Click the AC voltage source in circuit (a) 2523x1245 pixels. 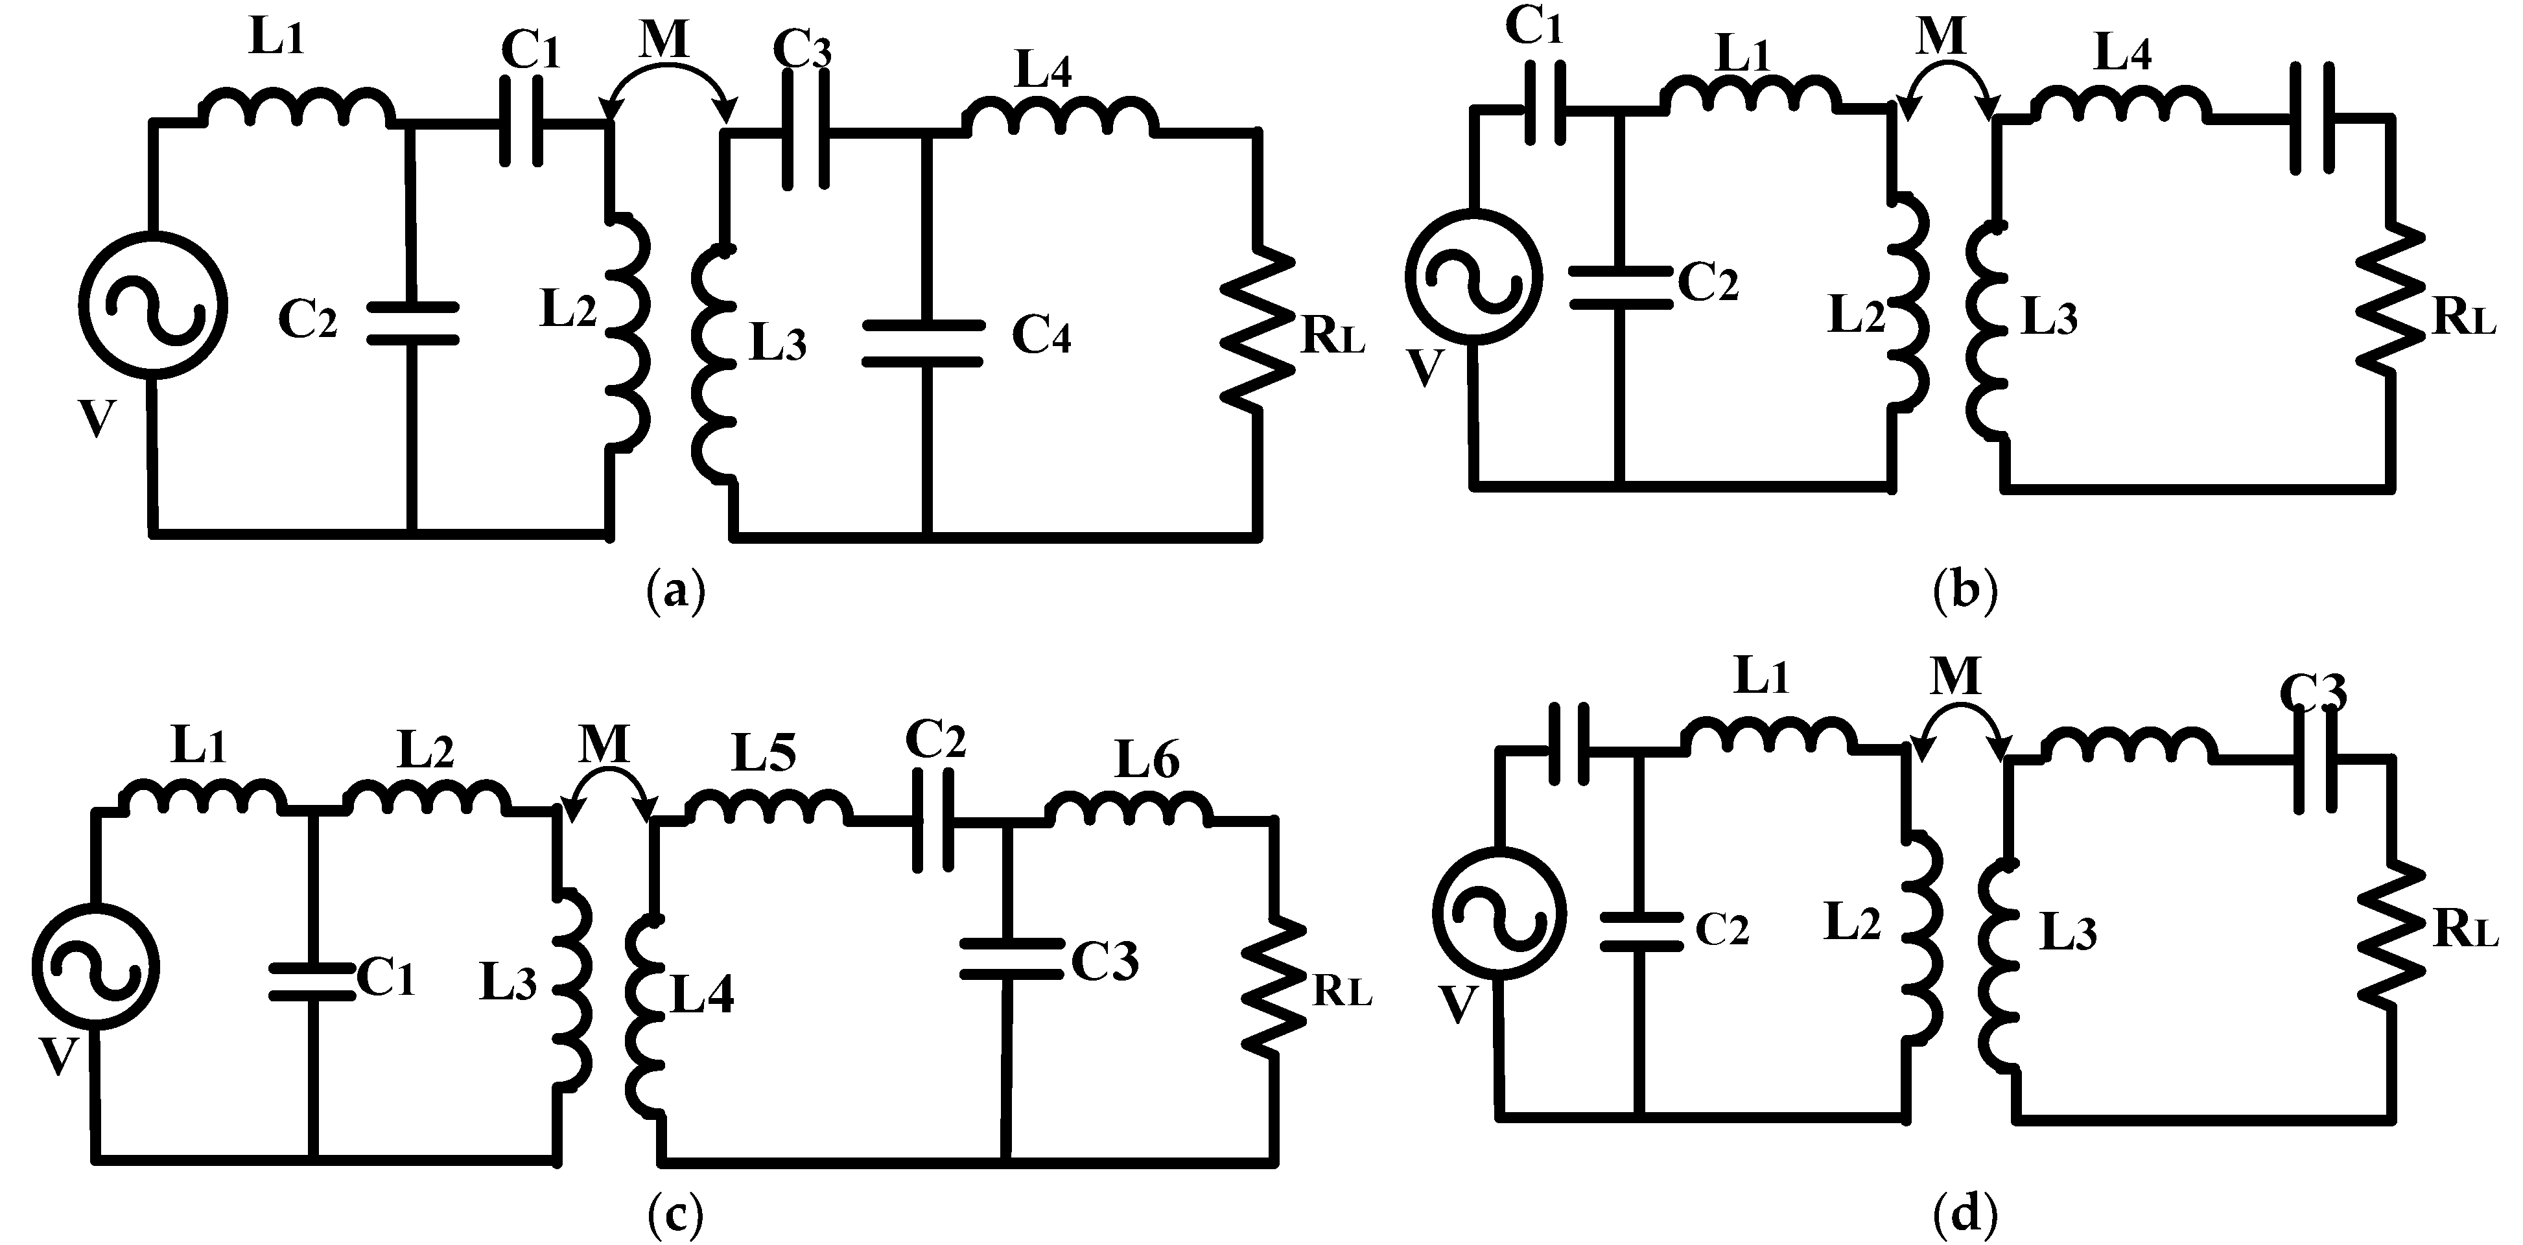(153, 305)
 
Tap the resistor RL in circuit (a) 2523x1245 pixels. (1258, 333)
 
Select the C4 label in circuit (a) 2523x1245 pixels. (1041, 335)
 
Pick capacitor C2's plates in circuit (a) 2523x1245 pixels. (412, 323)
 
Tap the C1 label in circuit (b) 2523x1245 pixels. (1533, 27)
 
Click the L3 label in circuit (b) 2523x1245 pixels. (2050, 318)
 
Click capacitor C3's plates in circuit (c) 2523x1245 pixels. (1011, 959)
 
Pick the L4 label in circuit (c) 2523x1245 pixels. (702, 995)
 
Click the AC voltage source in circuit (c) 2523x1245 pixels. (95, 967)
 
